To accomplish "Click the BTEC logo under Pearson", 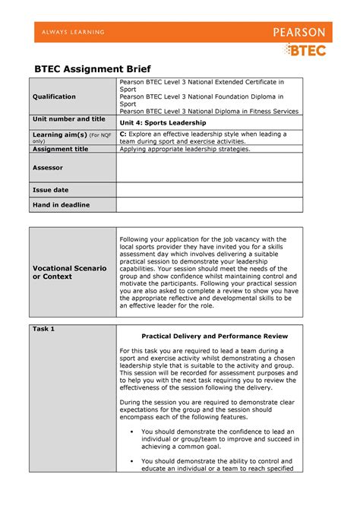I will tap(305, 50).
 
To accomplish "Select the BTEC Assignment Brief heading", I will tap(90, 66).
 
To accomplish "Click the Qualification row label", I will tap(53, 97).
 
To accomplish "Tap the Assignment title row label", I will tap(60, 149).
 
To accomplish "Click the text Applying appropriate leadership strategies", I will tap(185, 149).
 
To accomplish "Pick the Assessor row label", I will tap(47, 167).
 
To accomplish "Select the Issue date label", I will tap(50, 189).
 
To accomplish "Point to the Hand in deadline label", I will tap(60, 205).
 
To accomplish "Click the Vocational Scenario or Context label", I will tap(68, 272).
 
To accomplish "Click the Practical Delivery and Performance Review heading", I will tap(209, 335).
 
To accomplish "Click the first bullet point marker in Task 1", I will tap(132, 432).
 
